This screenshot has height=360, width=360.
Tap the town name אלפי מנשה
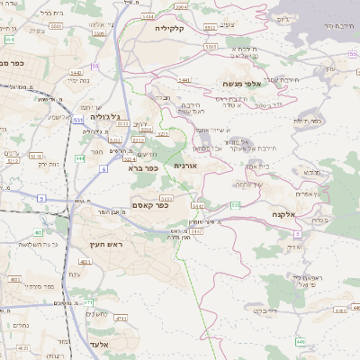tap(242, 83)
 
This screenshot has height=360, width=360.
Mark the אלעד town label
tap(101, 344)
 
